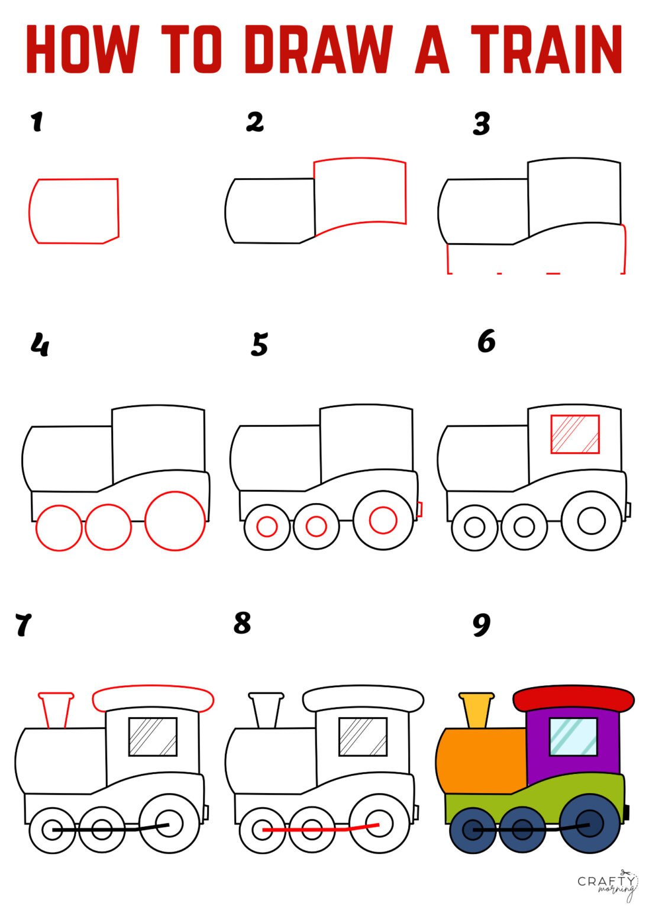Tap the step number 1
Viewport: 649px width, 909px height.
(x=37, y=122)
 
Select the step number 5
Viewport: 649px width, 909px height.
(x=259, y=344)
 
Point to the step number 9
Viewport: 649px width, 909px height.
(x=482, y=625)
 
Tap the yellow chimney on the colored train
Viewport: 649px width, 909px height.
(x=477, y=710)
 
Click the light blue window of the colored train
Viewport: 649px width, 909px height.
(x=573, y=737)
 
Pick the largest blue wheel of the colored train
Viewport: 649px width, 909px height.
(x=589, y=824)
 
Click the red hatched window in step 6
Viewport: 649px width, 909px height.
(x=574, y=434)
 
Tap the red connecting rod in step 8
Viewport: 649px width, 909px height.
(x=319, y=829)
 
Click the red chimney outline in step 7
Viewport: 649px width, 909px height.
(x=56, y=709)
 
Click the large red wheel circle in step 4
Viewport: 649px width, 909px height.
(x=175, y=521)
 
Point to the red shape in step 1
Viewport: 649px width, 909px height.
(x=74, y=211)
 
